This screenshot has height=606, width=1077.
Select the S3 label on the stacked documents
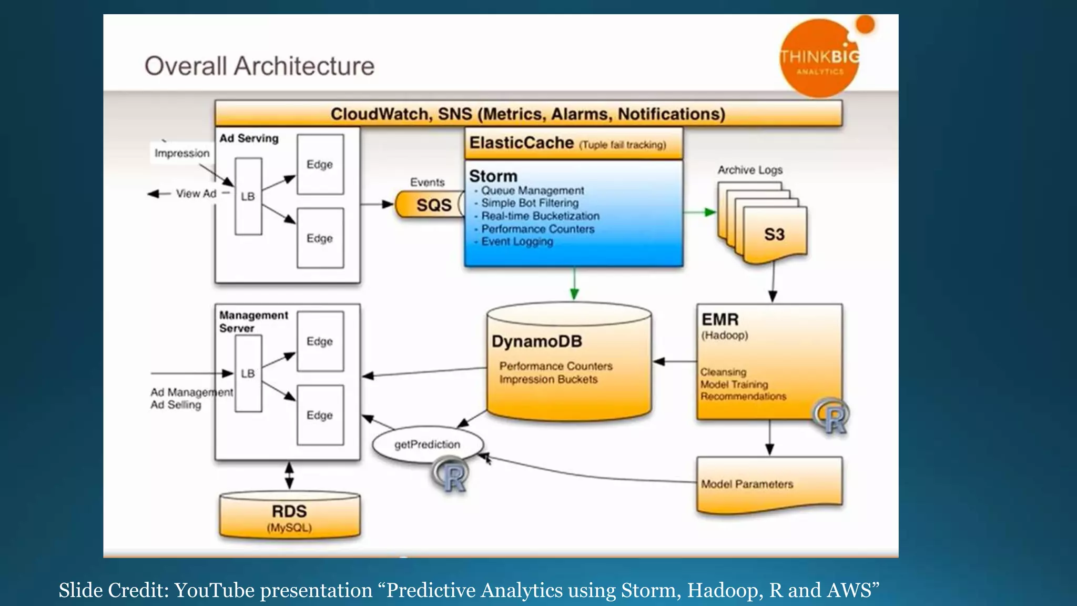pyautogui.click(x=774, y=235)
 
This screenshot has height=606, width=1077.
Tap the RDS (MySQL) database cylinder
pyautogui.click(x=289, y=517)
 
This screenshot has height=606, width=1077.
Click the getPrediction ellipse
pyautogui.click(x=426, y=445)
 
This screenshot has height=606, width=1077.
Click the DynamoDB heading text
pyautogui.click(x=537, y=341)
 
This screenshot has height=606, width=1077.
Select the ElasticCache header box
pyautogui.click(x=573, y=143)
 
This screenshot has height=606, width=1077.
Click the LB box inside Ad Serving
pyautogui.click(x=248, y=196)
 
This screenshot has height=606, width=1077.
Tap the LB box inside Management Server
pyautogui.click(x=248, y=373)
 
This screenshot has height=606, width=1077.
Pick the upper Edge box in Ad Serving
pyautogui.click(x=320, y=164)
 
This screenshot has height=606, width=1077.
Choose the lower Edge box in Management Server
pyautogui.click(x=320, y=415)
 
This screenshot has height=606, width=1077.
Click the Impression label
pyautogui.click(x=182, y=153)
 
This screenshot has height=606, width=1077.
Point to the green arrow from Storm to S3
pyautogui.click(x=700, y=212)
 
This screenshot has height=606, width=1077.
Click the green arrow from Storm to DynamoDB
pyautogui.click(x=574, y=284)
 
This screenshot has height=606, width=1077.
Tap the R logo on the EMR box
pyautogui.click(x=832, y=416)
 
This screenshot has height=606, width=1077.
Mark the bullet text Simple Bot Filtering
pyautogui.click(x=530, y=203)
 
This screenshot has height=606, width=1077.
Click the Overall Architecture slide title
pyautogui.click(x=259, y=66)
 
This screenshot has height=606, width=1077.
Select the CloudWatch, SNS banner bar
pyautogui.click(x=528, y=114)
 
